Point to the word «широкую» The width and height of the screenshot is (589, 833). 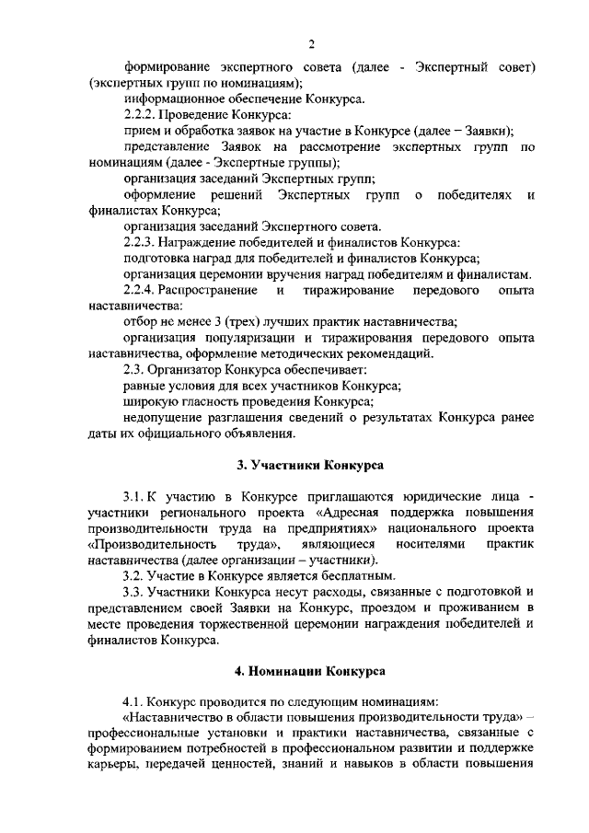tap(150, 401)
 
